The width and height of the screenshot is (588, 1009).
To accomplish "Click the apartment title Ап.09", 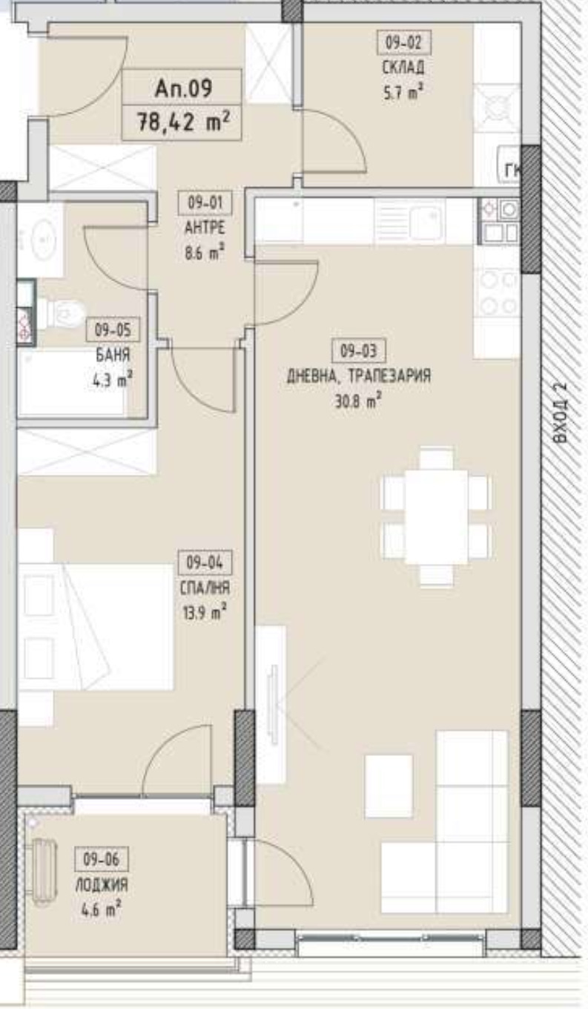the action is click(x=183, y=88).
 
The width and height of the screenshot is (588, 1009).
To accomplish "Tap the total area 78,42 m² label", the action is click(x=183, y=122).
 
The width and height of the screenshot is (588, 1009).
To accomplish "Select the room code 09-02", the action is click(x=404, y=43).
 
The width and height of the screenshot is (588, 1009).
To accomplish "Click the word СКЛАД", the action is click(x=403, y=68).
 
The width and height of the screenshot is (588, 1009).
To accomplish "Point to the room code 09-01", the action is click(x=205, y=203).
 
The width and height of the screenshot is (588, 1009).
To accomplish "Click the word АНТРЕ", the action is click(x=205, y=228).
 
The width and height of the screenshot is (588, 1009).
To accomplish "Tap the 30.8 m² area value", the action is click(x=358, y=400).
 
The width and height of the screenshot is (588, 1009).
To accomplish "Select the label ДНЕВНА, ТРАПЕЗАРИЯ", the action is click(x=359, y=375).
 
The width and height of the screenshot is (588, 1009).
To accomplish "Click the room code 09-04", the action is click(x=205, y=562).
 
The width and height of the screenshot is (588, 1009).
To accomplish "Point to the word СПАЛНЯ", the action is click(x=205, y=588).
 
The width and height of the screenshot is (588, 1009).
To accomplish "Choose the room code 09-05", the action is click(x=113, y=329).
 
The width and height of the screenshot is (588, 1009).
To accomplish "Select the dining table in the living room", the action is click(x=436, y=516).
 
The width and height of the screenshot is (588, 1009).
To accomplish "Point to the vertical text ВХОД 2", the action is click(x=561, y=413).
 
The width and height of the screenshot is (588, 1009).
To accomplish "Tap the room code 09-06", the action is click(x=102, y=859).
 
